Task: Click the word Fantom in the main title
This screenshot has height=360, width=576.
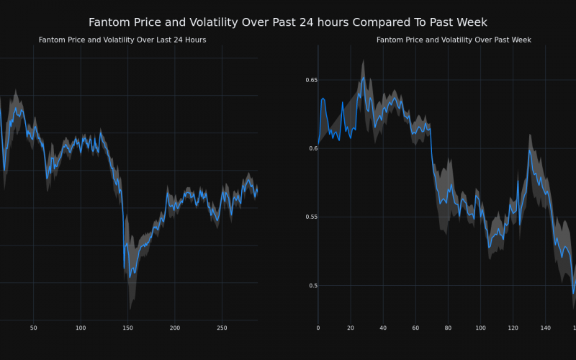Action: tap(112, 22)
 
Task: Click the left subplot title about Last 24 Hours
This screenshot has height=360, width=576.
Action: tap(122, 40)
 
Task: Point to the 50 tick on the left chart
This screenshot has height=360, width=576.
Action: tap(33, 328)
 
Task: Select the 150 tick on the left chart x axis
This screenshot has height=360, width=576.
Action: tap(127, 328)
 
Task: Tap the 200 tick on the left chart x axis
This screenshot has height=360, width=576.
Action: tap(175, 328)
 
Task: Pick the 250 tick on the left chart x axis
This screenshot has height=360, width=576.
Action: tap(222, 328)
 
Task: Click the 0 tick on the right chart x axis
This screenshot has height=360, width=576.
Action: tap(318, 328)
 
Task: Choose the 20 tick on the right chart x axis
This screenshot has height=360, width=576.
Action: tap(351, 328)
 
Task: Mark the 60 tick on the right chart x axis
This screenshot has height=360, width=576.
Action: tap(415, 328)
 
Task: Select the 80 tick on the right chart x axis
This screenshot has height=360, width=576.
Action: tap(448, 328)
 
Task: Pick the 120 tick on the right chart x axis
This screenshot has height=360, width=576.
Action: tap(513, 328)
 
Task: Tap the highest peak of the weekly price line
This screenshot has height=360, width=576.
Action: tap(364, 78)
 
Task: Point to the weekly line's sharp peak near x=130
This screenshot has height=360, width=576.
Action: tap(529, 149)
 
